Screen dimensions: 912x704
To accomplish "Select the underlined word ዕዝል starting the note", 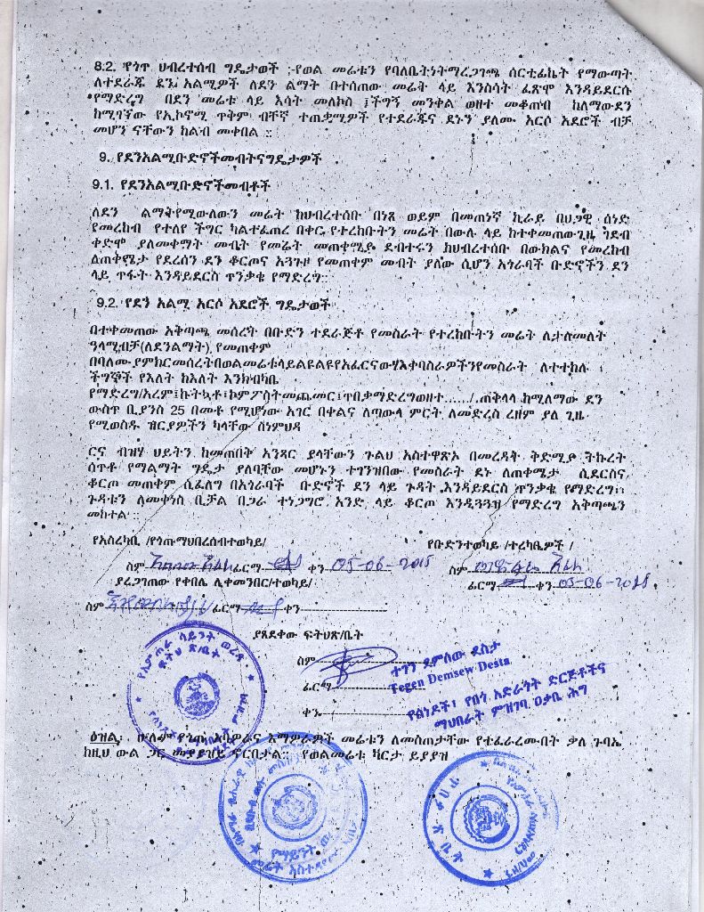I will point(104,738).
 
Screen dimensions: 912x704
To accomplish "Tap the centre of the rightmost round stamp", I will point(490,807).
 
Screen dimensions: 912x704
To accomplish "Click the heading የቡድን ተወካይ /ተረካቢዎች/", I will point(499,543).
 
